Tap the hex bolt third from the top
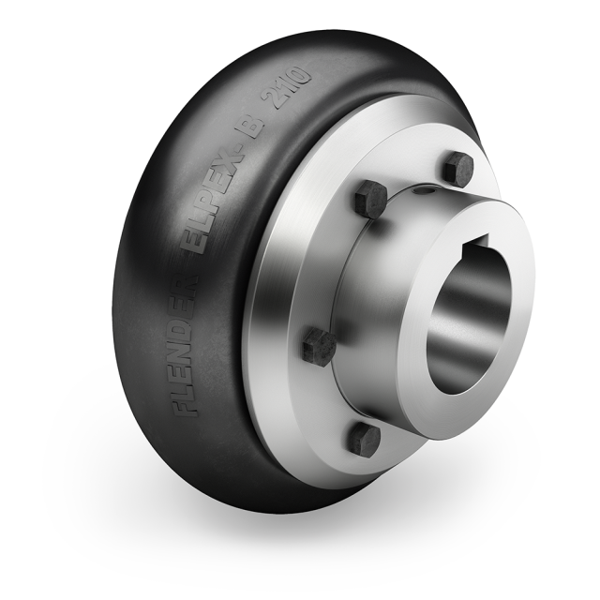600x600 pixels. [318, 348]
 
